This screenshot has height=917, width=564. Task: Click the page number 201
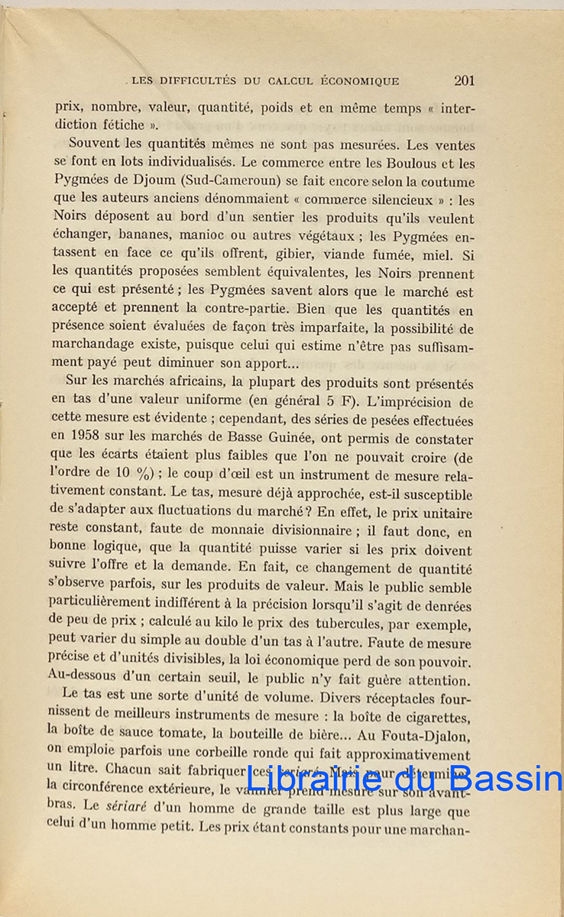[x=464, y=80]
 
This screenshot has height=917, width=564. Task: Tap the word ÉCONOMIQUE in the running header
[x=359, y=81]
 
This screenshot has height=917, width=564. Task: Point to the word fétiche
[x=123, y=125]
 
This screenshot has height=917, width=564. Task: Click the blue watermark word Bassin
[x=501, y=779]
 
